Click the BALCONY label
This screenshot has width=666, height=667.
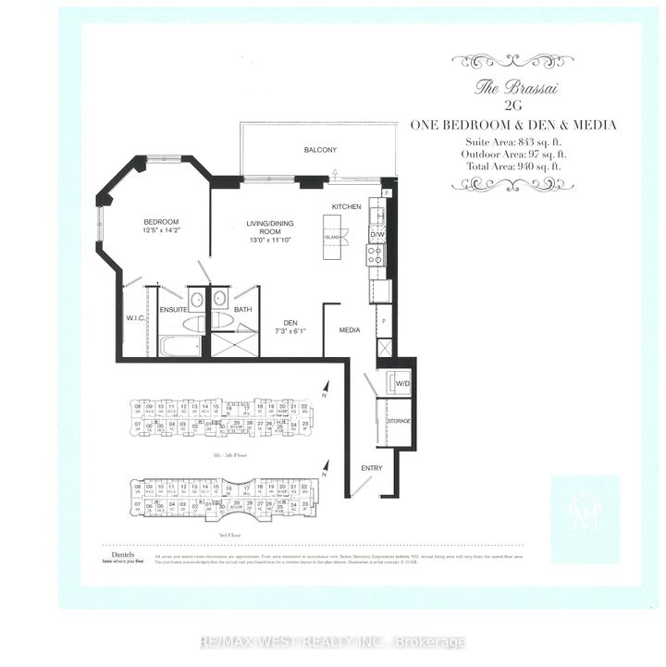coord(319,150)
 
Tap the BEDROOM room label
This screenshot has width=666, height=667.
coord(160,222)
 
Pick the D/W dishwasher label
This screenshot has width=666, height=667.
coord(376,235)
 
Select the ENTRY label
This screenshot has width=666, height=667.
coord(371,468)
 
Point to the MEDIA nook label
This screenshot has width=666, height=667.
coord(349,330)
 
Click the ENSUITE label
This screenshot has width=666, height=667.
coord(173,310)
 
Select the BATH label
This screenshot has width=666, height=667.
coord(243,310)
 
